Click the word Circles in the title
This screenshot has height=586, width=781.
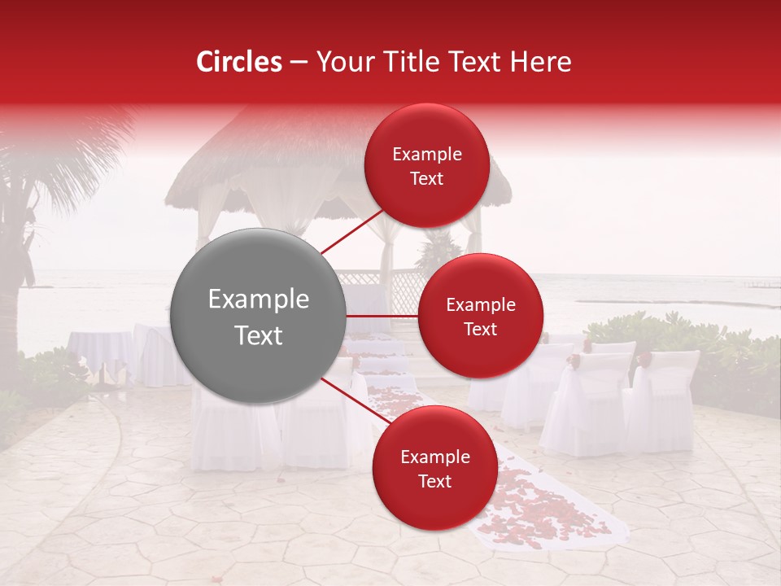(x=238, y=62)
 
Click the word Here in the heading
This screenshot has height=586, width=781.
(x=542, y=62)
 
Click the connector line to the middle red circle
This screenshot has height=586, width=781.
(x=382, y=315)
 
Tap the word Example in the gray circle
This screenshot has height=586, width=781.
(x=258, y=300)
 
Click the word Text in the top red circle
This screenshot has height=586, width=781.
(x=426, y=179)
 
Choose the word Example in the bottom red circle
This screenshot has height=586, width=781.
(x=434, y=457)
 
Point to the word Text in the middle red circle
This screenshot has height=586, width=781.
(x=480, y=330)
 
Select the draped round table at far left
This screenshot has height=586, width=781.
(x=98, y=350)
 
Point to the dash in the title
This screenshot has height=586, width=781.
(x=298, y=63)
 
